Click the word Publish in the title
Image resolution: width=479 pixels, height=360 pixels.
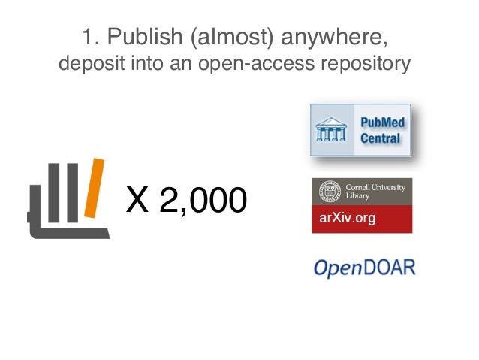point(137,37)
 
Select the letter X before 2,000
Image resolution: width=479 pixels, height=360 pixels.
point(137,199)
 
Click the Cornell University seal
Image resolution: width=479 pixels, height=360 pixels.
point(329,192)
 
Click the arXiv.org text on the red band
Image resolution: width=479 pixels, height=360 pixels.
point(348,219)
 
